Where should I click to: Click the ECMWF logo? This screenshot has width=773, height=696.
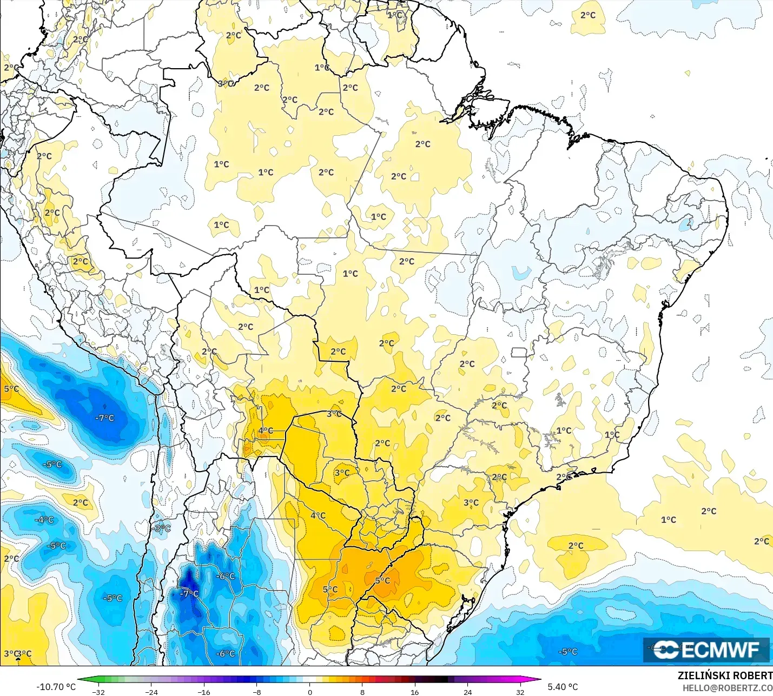[706, 649]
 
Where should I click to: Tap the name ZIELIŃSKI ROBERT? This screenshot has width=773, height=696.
[725, 675]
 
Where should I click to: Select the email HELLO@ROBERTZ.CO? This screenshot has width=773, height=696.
[727, 688]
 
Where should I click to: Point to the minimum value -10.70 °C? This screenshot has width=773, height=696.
[56, 687]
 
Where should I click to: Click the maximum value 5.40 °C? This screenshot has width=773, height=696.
[563, 687]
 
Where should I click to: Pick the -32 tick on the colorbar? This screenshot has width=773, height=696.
[98, 692]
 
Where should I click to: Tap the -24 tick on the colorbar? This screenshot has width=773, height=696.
[151, 692]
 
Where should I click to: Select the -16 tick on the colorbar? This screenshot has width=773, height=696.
[203, 692]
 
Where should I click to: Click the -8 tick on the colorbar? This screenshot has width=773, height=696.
[256, 692]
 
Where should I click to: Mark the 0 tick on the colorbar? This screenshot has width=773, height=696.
[309, 692]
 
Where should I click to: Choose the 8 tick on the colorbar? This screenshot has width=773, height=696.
[362, 692]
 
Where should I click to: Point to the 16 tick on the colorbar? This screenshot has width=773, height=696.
[414, 692]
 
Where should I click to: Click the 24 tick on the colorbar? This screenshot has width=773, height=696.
[467, 692]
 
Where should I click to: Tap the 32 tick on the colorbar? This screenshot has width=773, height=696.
[520, 692]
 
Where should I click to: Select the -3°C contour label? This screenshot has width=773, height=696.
[162, 528]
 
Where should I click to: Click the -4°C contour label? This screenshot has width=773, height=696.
[44, 520]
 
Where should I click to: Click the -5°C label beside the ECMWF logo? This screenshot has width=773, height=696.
[568, 652]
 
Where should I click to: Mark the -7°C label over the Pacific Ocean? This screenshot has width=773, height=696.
[105, 418]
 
